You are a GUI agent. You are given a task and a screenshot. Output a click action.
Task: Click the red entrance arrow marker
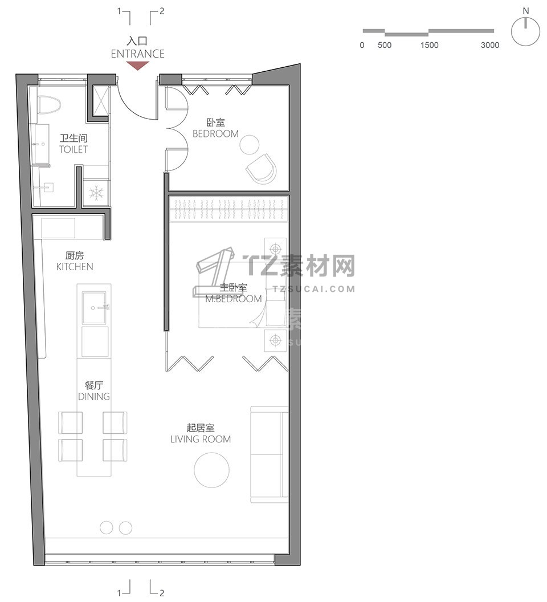[x=137, y=66]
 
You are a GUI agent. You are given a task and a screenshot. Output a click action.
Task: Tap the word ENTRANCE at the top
[x=138, y=54]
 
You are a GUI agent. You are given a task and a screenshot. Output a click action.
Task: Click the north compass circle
[x=525, y=31]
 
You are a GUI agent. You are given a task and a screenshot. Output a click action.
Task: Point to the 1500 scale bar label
[x=429, y=45]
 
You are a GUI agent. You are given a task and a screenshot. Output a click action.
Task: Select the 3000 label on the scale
[x=490, y=45]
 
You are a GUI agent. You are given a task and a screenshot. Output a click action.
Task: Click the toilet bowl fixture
[x=50, y=104]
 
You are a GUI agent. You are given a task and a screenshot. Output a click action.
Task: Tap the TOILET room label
[x=74, y=149]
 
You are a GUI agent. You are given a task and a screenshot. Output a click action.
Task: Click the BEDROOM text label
[x=215, y=133]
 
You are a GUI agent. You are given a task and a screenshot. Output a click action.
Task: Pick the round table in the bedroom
[x=250, y=144]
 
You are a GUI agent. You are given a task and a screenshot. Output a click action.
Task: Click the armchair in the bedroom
[x=262, y=169]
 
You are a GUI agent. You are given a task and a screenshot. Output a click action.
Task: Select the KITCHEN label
[x=75, y=266]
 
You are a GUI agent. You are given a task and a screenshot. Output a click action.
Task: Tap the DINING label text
[x=93, y=396]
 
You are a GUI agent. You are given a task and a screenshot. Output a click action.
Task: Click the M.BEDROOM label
[x=234, y=299]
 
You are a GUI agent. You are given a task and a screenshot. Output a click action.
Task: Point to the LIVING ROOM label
[x=201, y=439]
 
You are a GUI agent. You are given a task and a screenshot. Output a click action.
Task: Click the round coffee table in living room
[x=212, y=470]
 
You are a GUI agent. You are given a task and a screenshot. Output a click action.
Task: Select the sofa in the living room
[x=270, y=454]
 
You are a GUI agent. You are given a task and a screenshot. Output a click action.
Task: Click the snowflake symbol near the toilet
[x=96, y=193]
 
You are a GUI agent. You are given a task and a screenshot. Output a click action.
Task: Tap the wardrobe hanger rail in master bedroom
[x=229, y=210]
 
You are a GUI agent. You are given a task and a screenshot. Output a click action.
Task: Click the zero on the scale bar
[x=362, y=45]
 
